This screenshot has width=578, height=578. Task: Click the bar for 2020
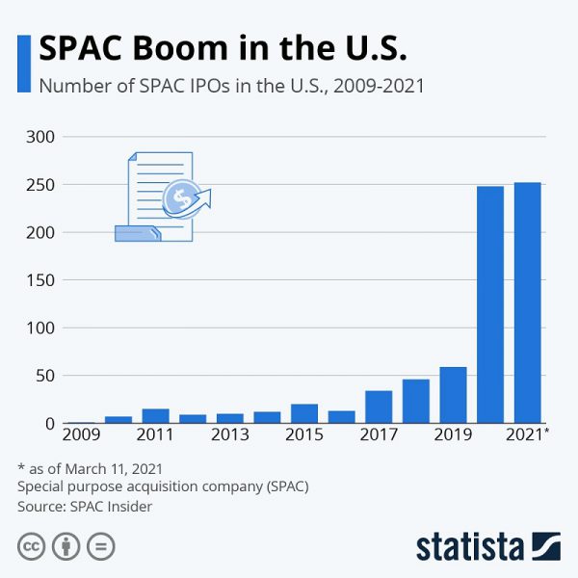(490, 304)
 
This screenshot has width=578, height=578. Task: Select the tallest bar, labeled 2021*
(527, 302)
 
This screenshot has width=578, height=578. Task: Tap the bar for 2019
(453, 395)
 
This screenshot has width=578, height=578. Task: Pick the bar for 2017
(379, 407)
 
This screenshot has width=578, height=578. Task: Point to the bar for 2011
(155, 416)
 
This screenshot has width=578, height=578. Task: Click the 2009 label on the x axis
(81, 435)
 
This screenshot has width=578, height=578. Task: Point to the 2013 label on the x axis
(229, 435)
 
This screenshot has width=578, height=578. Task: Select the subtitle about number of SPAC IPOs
(231, 85)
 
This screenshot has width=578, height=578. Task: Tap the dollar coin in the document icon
(179, 199)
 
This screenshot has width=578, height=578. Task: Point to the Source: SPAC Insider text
(85, 506)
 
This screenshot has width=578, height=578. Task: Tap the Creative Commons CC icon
(33, 547)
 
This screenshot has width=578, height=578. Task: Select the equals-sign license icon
(100, 547)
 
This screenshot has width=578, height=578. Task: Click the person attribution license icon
(66, 547)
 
